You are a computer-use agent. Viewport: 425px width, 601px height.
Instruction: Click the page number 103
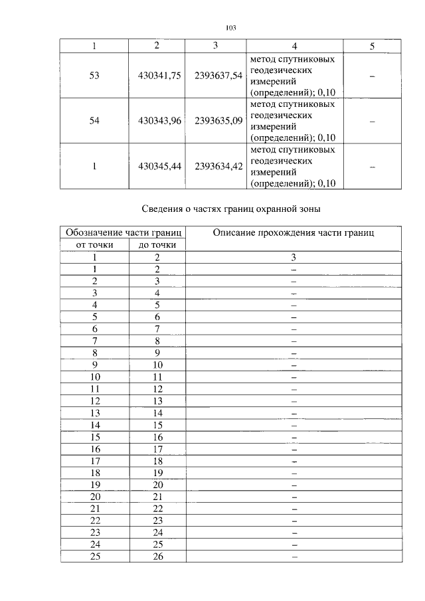[231, 28]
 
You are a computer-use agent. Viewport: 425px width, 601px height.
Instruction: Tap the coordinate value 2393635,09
[218, 122]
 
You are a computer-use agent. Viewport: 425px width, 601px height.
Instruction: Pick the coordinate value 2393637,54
[218, 76]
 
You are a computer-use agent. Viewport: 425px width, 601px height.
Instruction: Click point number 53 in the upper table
[94, 76]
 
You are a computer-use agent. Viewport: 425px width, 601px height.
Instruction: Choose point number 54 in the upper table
[94, 122]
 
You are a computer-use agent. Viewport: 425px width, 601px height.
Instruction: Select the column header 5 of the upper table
[372, 46]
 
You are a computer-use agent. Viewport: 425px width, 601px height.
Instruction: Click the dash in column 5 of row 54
[372, 122]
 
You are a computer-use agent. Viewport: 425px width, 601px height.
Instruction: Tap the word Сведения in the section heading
[163, 210]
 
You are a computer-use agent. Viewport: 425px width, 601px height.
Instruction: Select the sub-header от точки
[96, 244]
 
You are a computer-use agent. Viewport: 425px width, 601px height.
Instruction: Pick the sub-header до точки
[157, 244]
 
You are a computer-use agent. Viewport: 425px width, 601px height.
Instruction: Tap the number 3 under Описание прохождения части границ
[293, 257]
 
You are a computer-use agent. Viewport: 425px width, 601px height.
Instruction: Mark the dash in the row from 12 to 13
[293, 400]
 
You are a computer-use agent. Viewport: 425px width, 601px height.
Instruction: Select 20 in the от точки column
[96, 496]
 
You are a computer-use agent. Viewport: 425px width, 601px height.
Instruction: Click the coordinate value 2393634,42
[218, 167]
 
